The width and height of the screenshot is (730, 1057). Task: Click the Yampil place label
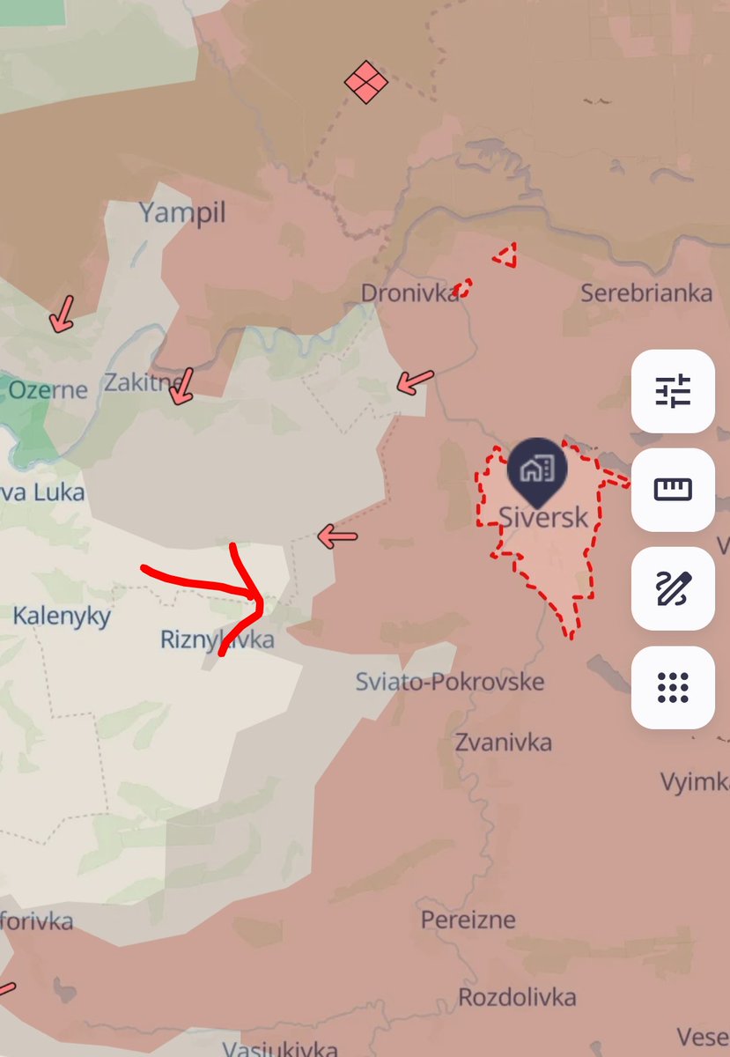point(182,212)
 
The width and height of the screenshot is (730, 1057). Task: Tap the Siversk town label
point(542,517)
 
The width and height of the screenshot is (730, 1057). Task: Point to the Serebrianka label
point(646,293)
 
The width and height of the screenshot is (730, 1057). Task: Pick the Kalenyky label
point(62,615)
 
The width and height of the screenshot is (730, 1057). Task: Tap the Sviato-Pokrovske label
point(450,681)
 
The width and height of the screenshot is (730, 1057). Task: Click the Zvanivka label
point(504,742)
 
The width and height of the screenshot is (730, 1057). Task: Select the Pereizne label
point(468,920)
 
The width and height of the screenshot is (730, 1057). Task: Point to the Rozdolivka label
point(517,997)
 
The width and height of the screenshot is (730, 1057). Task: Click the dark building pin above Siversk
point(537,469)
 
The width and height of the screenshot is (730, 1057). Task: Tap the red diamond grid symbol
point(366,82)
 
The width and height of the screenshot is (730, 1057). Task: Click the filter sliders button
point(673,390)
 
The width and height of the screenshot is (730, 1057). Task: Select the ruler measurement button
point(673,489)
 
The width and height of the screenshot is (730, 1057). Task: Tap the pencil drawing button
point(673,588)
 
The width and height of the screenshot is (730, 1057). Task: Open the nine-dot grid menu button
point(673,687)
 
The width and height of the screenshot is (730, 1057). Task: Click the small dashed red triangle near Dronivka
point(505,256)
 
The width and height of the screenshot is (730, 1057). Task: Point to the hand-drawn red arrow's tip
point(262,602)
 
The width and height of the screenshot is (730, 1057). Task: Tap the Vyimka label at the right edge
point(695,781)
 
